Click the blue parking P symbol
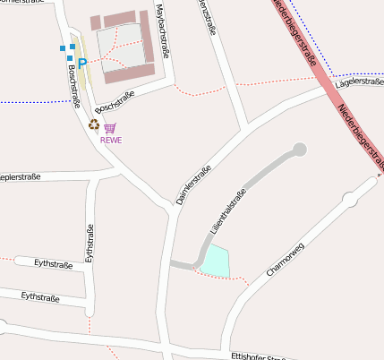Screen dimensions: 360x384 [82, 63]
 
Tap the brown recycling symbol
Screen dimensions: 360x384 [94, 124]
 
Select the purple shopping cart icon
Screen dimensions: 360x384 [110, 129]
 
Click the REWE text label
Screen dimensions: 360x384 [111, 141]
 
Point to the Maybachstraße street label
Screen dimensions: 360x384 [162, 32]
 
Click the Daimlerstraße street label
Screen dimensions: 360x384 [193, 184]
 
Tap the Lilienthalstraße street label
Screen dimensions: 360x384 [227, 211]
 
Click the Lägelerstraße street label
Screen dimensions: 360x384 [358, 81]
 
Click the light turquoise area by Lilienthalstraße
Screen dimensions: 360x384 [215, 261]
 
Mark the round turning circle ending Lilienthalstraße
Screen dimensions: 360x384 [299, 149]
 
